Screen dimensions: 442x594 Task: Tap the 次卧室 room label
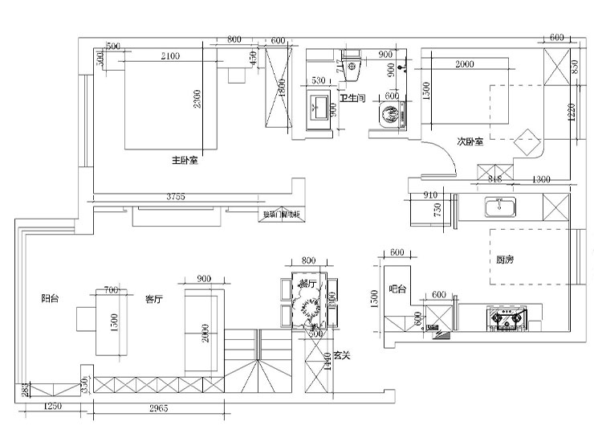(x=470, y=141)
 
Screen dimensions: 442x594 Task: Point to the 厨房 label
(x=504, y=260)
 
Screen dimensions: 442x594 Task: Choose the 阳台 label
(x=50, y=298)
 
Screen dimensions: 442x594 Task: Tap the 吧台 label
(x=397, y=289)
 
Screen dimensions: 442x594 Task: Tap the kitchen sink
(x=500, y=208)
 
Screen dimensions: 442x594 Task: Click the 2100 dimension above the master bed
(x=170, y=55)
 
